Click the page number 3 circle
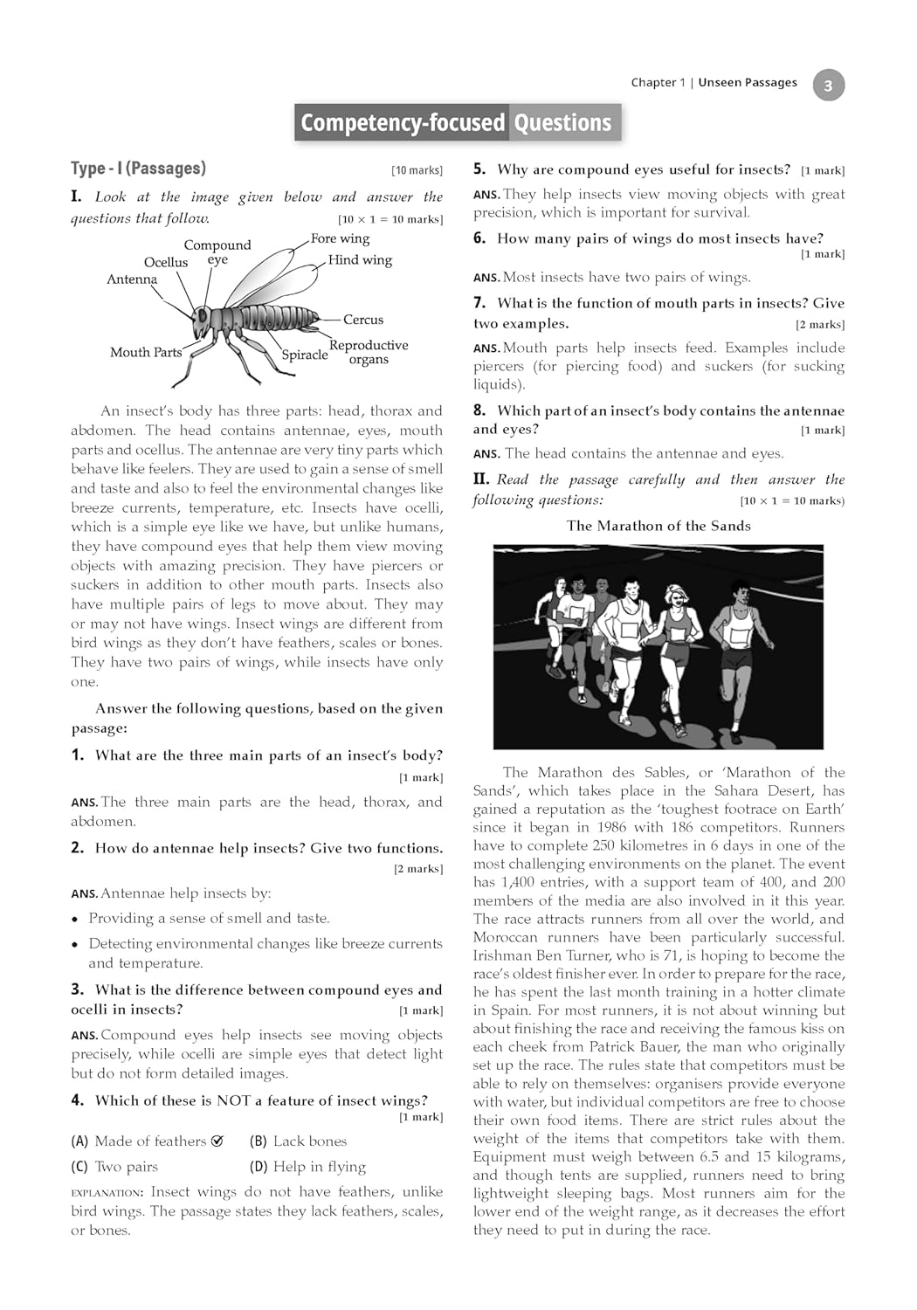click(x=828, y=86)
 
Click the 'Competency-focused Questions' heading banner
click(x=457, y=122)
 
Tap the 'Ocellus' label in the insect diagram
click(x=166, y=262)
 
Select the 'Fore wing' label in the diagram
click(x=340, y=238)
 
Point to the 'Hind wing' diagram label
click(x=360, y=260)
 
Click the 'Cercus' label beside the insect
click(x=363, y=320)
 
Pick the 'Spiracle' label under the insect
click(x=305, y=355)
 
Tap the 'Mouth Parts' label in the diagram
click(x=146, y=352)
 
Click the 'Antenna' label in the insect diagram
click(x=132, y=279)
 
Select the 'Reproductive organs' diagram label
click(x=369, y=352)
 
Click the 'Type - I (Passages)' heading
click(x=138, y=169)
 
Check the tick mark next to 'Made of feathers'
click(x=217, y=1141)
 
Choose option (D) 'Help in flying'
click(x=307, y=1167)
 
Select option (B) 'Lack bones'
click(x=298, y=1141)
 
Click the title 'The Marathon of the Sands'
click(x=658, y=526)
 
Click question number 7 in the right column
click(x=479, y=303)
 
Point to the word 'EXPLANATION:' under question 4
click(x=107, y=1192)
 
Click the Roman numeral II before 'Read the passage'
click(x=481, y=479)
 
